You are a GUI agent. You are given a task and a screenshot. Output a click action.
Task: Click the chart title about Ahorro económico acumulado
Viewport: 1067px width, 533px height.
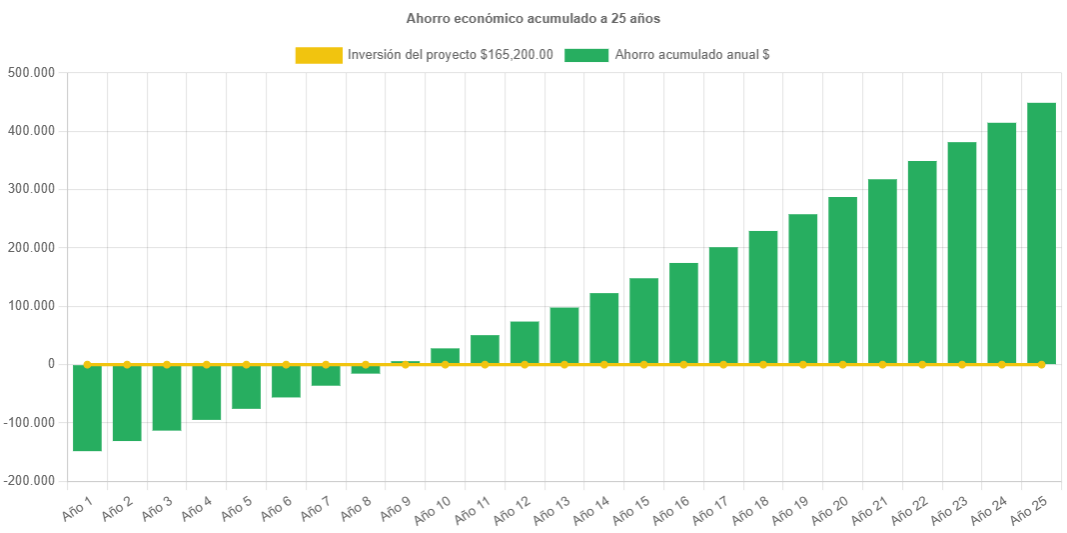click(x=533, y=18)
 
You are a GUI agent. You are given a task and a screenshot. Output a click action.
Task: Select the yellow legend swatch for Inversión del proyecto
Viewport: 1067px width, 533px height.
click(x=318, y=56)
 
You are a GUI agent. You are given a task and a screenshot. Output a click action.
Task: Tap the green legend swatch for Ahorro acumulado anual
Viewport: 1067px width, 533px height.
click(x=586, y=56)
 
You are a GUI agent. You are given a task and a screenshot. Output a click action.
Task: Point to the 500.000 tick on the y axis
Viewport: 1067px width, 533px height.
click(x=30, y=73)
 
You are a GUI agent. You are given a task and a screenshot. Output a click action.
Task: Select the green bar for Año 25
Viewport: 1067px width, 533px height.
click(x=1041, y=233)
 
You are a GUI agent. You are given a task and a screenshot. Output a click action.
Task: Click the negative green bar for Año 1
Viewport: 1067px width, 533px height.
click(x=87, y=408)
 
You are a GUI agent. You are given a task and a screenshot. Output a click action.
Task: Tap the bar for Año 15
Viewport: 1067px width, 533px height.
click(x=643, y=321)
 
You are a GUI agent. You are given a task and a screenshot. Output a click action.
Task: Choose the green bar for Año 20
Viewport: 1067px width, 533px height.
click(x=842, y=280)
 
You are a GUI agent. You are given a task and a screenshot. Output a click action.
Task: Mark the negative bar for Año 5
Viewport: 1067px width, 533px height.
click(x=246, y=387)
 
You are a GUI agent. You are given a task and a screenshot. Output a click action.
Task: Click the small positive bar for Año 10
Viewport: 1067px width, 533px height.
click(x=445, y=356)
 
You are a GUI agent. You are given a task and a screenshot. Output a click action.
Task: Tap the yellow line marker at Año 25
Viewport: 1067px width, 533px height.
click(x=1041, y=365)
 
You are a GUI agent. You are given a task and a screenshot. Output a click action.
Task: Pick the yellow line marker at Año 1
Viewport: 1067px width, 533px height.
click(x=87, y=365)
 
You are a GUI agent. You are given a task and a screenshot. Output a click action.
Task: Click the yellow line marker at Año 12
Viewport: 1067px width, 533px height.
click(x=525, y=365)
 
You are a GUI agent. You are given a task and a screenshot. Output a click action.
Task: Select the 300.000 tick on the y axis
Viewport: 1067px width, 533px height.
click(x=30, y=189)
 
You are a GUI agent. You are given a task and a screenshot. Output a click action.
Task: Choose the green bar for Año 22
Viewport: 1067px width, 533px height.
click(x=922, y=262)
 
